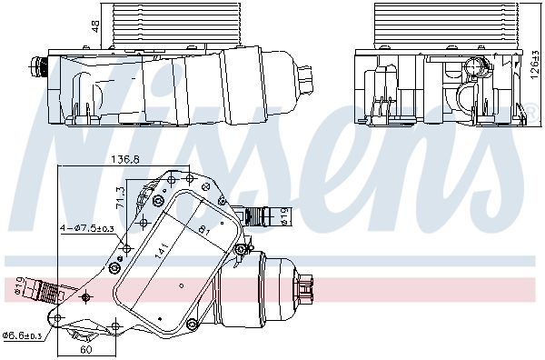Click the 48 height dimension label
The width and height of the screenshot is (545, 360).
(x=94, y=26)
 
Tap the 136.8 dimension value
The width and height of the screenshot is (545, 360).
(x=125, y=160)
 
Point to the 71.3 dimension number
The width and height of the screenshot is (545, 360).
(x=119, y=198)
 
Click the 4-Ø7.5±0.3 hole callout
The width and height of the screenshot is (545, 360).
(x=87, y=228)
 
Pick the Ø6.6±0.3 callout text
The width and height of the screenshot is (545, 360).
(x=22, y=335)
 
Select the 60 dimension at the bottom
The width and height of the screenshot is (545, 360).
(x=86, y=350)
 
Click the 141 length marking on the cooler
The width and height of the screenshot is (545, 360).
(x=161, y=250)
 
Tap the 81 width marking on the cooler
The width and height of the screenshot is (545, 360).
(x=203, y=231)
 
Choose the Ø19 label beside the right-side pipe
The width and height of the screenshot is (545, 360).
(x=284, y=215)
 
